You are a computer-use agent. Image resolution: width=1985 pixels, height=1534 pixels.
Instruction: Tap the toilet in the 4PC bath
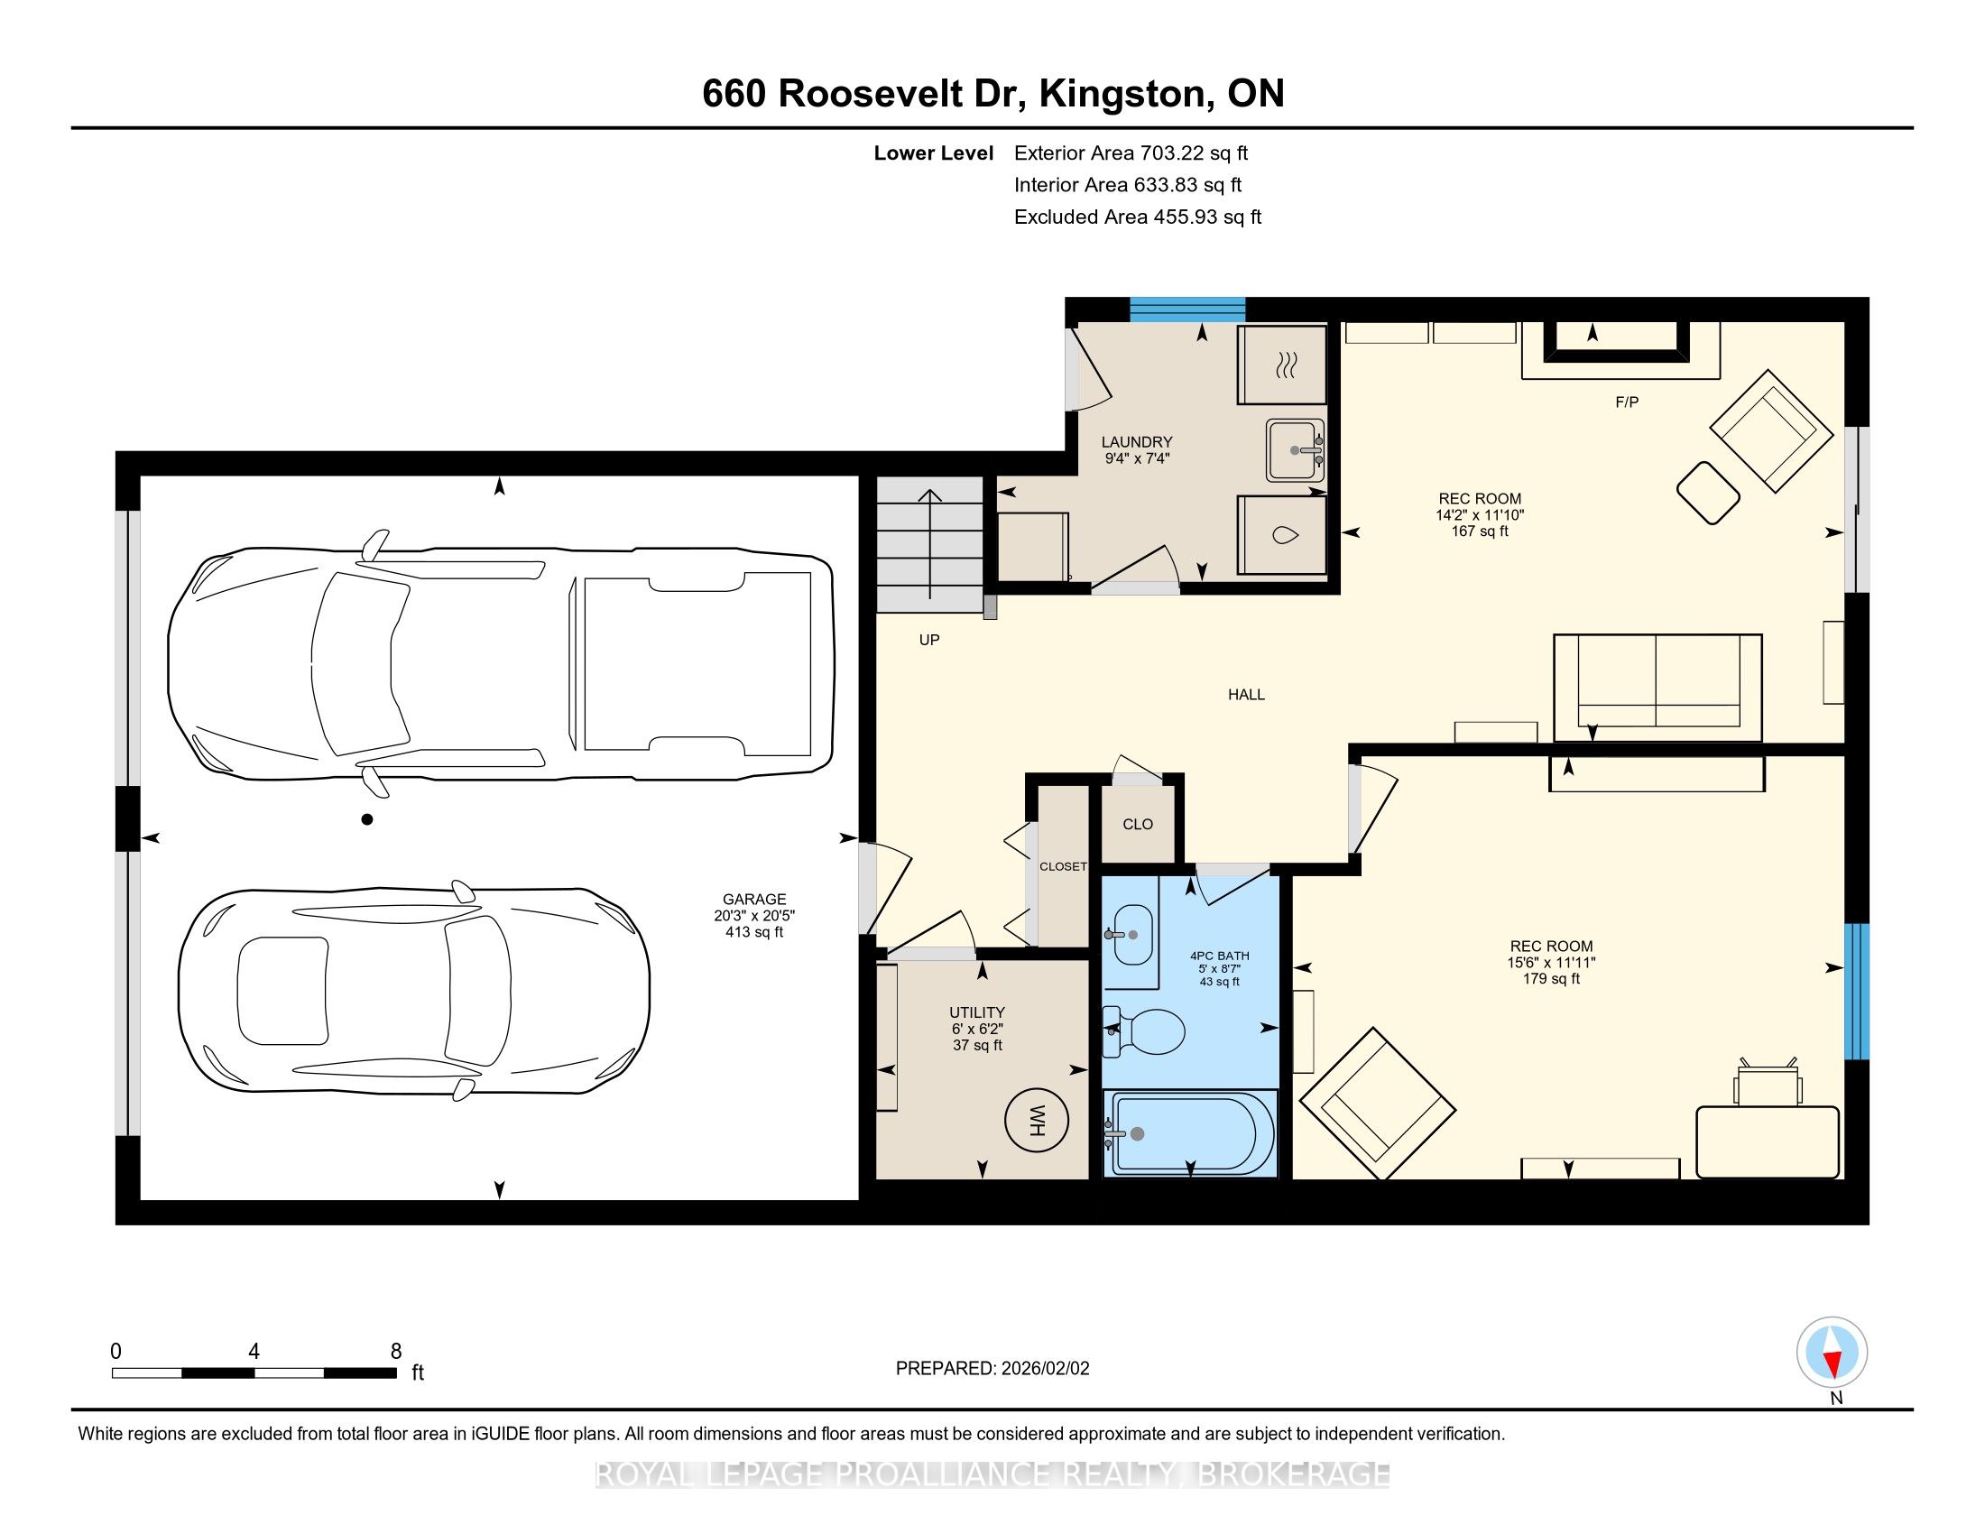(x=1142, y=1031)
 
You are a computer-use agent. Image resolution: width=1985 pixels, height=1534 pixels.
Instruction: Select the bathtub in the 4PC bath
(x=1190, y=1133)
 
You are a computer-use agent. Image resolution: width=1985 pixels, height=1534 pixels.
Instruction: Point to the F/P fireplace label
(x=1627, y=402)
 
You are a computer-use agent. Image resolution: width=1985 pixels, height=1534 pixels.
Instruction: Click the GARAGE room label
(x=754, y=899)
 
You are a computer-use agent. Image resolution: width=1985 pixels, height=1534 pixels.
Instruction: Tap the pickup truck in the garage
(x=501, y=664)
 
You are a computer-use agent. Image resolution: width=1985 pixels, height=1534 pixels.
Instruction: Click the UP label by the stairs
(x=928, y=640)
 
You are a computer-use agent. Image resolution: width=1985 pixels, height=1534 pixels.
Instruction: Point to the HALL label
(x=1246, y=694)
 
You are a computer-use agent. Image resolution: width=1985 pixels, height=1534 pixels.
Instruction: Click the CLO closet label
(x=1138, y=824)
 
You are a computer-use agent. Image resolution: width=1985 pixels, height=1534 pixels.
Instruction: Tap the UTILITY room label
(x=977, y=1012)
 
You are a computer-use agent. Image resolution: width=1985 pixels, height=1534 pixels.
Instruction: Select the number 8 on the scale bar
(x=395, y=1352)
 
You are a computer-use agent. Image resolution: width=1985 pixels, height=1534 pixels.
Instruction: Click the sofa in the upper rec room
(x=1657, y=688)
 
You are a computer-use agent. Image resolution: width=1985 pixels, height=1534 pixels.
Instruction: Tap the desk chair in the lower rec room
(x=1768, y=1081)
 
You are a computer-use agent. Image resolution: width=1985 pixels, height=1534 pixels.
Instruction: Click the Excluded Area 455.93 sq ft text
(x=1138, y=217)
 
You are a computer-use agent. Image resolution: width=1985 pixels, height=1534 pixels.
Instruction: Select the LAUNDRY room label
(x=1137, y=442)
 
